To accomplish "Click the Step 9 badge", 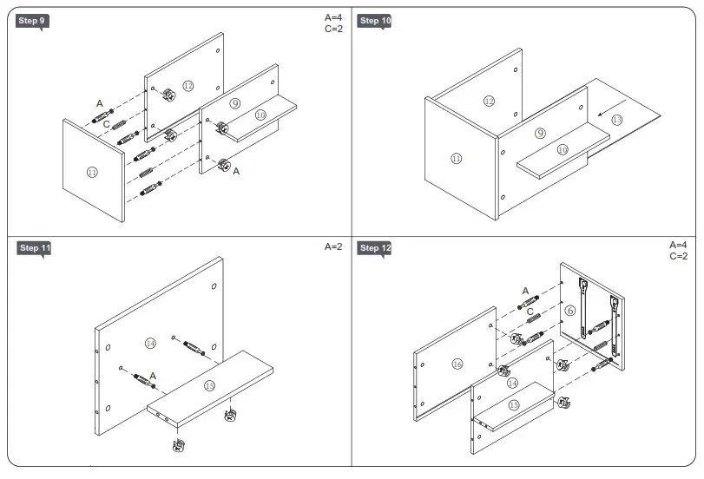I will (x=31, y=21).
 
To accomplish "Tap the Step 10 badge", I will (x=374, y=21).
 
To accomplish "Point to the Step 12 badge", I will (x=374, y=248).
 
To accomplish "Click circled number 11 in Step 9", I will (x=92, y=172).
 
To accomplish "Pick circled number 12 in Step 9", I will (x=188, y=85).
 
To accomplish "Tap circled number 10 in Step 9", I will (x=260, y=115).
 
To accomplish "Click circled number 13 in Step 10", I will (x=617, y=119).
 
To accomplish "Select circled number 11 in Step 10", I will (x=457, y=158).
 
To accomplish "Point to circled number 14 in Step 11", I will (x=150, y=344).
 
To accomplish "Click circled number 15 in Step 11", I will (x=209, y=385).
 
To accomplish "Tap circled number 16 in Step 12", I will (x=457, y=364).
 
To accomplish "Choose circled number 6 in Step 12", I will (x=570, y=310).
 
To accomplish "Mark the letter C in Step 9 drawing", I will (x=106, y=125).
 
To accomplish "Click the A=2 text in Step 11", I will (x=333, y=247).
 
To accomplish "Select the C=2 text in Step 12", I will (x=678, y=257).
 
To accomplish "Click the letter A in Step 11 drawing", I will (x=153, y=375).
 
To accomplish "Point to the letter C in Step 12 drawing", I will (x=530, y=312).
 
